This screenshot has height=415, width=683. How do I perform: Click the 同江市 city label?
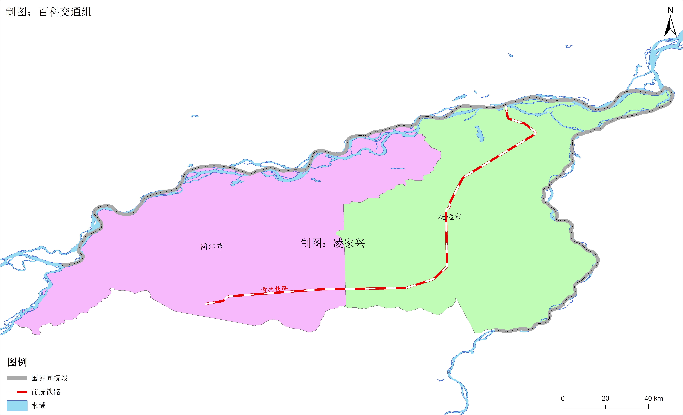212,246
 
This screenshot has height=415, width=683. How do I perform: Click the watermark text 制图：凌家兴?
333,243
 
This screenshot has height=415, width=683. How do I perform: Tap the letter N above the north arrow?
670,10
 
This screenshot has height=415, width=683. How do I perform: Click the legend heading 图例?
17,362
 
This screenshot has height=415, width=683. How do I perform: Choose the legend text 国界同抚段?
50,378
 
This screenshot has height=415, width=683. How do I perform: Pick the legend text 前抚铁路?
46,392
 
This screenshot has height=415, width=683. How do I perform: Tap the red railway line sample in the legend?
17,392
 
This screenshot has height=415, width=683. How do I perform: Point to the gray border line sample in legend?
17,378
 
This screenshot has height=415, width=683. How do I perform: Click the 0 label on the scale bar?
563,398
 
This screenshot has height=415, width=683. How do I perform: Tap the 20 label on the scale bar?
605,398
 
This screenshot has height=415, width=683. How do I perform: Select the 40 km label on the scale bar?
653,398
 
